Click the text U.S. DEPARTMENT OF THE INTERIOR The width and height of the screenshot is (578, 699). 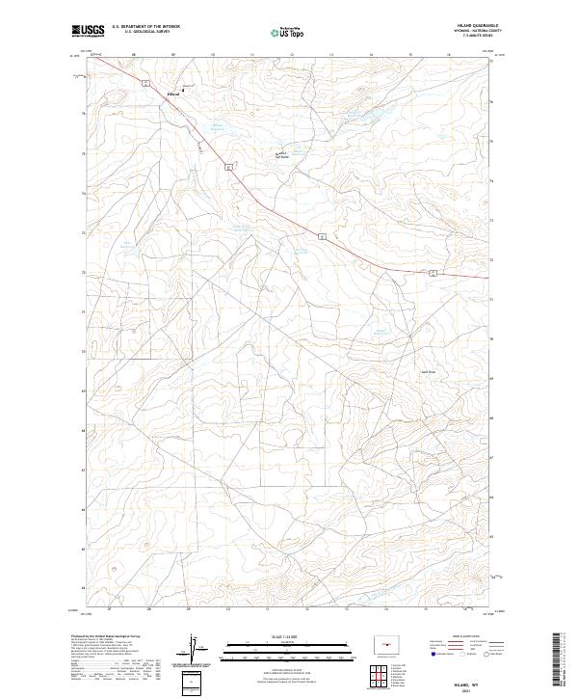[x=139, y=28]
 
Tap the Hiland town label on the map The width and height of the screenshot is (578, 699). [x=173, y=94]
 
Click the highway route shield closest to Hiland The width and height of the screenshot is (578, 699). [x=144, y=84]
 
